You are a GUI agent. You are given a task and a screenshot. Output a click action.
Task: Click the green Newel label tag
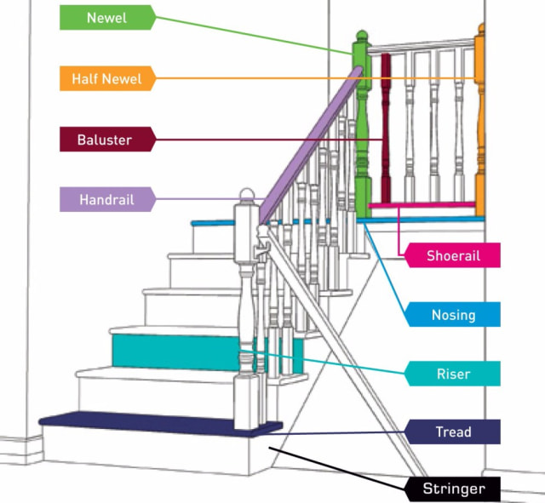click(106, 17)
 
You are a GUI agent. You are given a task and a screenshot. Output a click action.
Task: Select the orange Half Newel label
click(106, 78)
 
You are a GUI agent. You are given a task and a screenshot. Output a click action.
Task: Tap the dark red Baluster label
click(106, 140)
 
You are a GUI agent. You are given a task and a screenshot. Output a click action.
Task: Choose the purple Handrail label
click(106, 200)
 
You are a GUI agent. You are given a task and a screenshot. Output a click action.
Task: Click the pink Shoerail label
click(451, 255)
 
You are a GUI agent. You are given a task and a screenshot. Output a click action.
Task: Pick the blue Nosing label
click(451, 315)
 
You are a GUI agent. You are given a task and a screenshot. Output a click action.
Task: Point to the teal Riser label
click(451, 374)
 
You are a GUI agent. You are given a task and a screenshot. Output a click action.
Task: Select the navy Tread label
click(451, 432)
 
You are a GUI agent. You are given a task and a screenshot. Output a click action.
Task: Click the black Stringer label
click(451, 489)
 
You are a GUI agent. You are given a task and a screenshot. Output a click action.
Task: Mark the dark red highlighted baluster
click(385, 128)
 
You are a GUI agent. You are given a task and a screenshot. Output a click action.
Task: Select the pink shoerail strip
click(422, 206)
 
